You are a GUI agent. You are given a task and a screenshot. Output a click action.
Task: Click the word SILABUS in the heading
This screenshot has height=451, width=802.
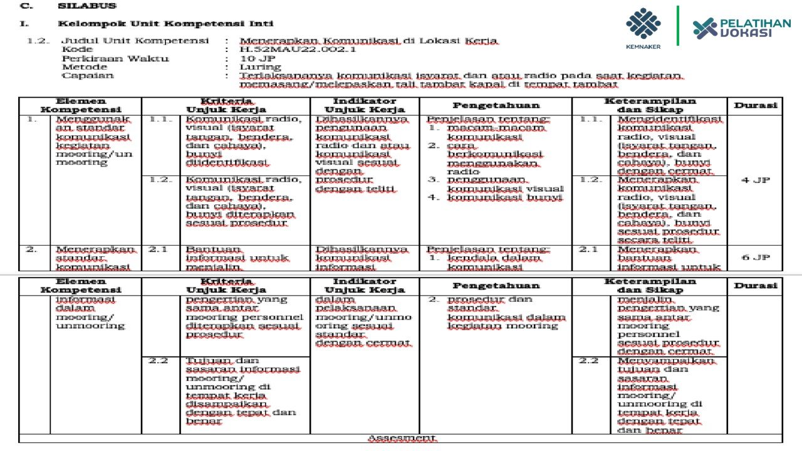click(x=86, y=6)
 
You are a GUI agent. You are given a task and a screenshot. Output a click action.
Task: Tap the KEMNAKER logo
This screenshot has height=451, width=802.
click(x=643, y=28)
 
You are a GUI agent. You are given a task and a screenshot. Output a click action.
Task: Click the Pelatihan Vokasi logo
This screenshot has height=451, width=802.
click(x=741, y=28)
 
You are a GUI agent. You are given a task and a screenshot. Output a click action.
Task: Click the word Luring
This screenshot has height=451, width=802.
click(x=261, y=67)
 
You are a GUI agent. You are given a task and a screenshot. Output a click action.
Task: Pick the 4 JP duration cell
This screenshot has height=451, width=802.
click(x=755, y=180)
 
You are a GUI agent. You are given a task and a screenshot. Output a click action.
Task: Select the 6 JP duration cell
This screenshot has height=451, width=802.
click(x=755, y=257)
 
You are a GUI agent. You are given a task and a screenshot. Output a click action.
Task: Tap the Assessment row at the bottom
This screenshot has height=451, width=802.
click(x=401, y=438)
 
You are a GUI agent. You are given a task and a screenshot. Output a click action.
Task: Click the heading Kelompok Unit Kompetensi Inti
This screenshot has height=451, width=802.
click(x=165, y=24)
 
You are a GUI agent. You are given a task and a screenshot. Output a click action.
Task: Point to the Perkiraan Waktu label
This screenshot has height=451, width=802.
click(x=115, y=58)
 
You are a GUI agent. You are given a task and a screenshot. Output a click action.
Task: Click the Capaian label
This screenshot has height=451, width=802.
click(x=88, y=76)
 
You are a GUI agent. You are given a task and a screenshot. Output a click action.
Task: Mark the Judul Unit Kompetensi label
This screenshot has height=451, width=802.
click(x=134, y=41)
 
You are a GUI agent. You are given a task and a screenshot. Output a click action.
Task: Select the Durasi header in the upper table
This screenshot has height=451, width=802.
click(x=755, y=106)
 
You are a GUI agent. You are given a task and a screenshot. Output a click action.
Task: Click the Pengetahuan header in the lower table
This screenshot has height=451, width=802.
click(x=496, y=286)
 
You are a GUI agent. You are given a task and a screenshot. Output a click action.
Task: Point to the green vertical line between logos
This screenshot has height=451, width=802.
click(x=677, y=26)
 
